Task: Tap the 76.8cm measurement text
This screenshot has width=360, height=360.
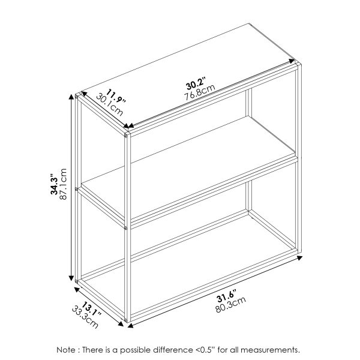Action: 200,92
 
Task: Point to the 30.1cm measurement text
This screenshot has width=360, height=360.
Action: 110,105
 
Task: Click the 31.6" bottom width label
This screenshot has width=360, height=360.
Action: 227,296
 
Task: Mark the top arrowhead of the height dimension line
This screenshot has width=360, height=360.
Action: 76,97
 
